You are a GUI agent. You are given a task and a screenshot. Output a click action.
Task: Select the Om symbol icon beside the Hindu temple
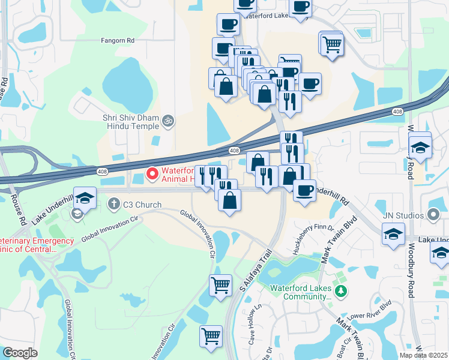tap(169, 121)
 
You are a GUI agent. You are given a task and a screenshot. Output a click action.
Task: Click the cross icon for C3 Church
tap(113, 205)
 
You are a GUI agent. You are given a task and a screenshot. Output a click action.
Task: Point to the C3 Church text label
tap(142, 205)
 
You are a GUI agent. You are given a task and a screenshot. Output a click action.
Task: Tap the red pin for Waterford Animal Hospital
tap(152, 174)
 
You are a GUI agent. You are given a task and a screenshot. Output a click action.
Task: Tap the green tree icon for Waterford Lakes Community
tap(342, 292)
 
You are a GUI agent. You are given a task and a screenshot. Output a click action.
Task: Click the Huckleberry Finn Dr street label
tap(312, 239)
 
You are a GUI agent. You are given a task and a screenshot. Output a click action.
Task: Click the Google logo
tap(20, 353)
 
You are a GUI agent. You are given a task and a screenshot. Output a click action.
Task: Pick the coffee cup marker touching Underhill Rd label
tap(305, 190)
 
